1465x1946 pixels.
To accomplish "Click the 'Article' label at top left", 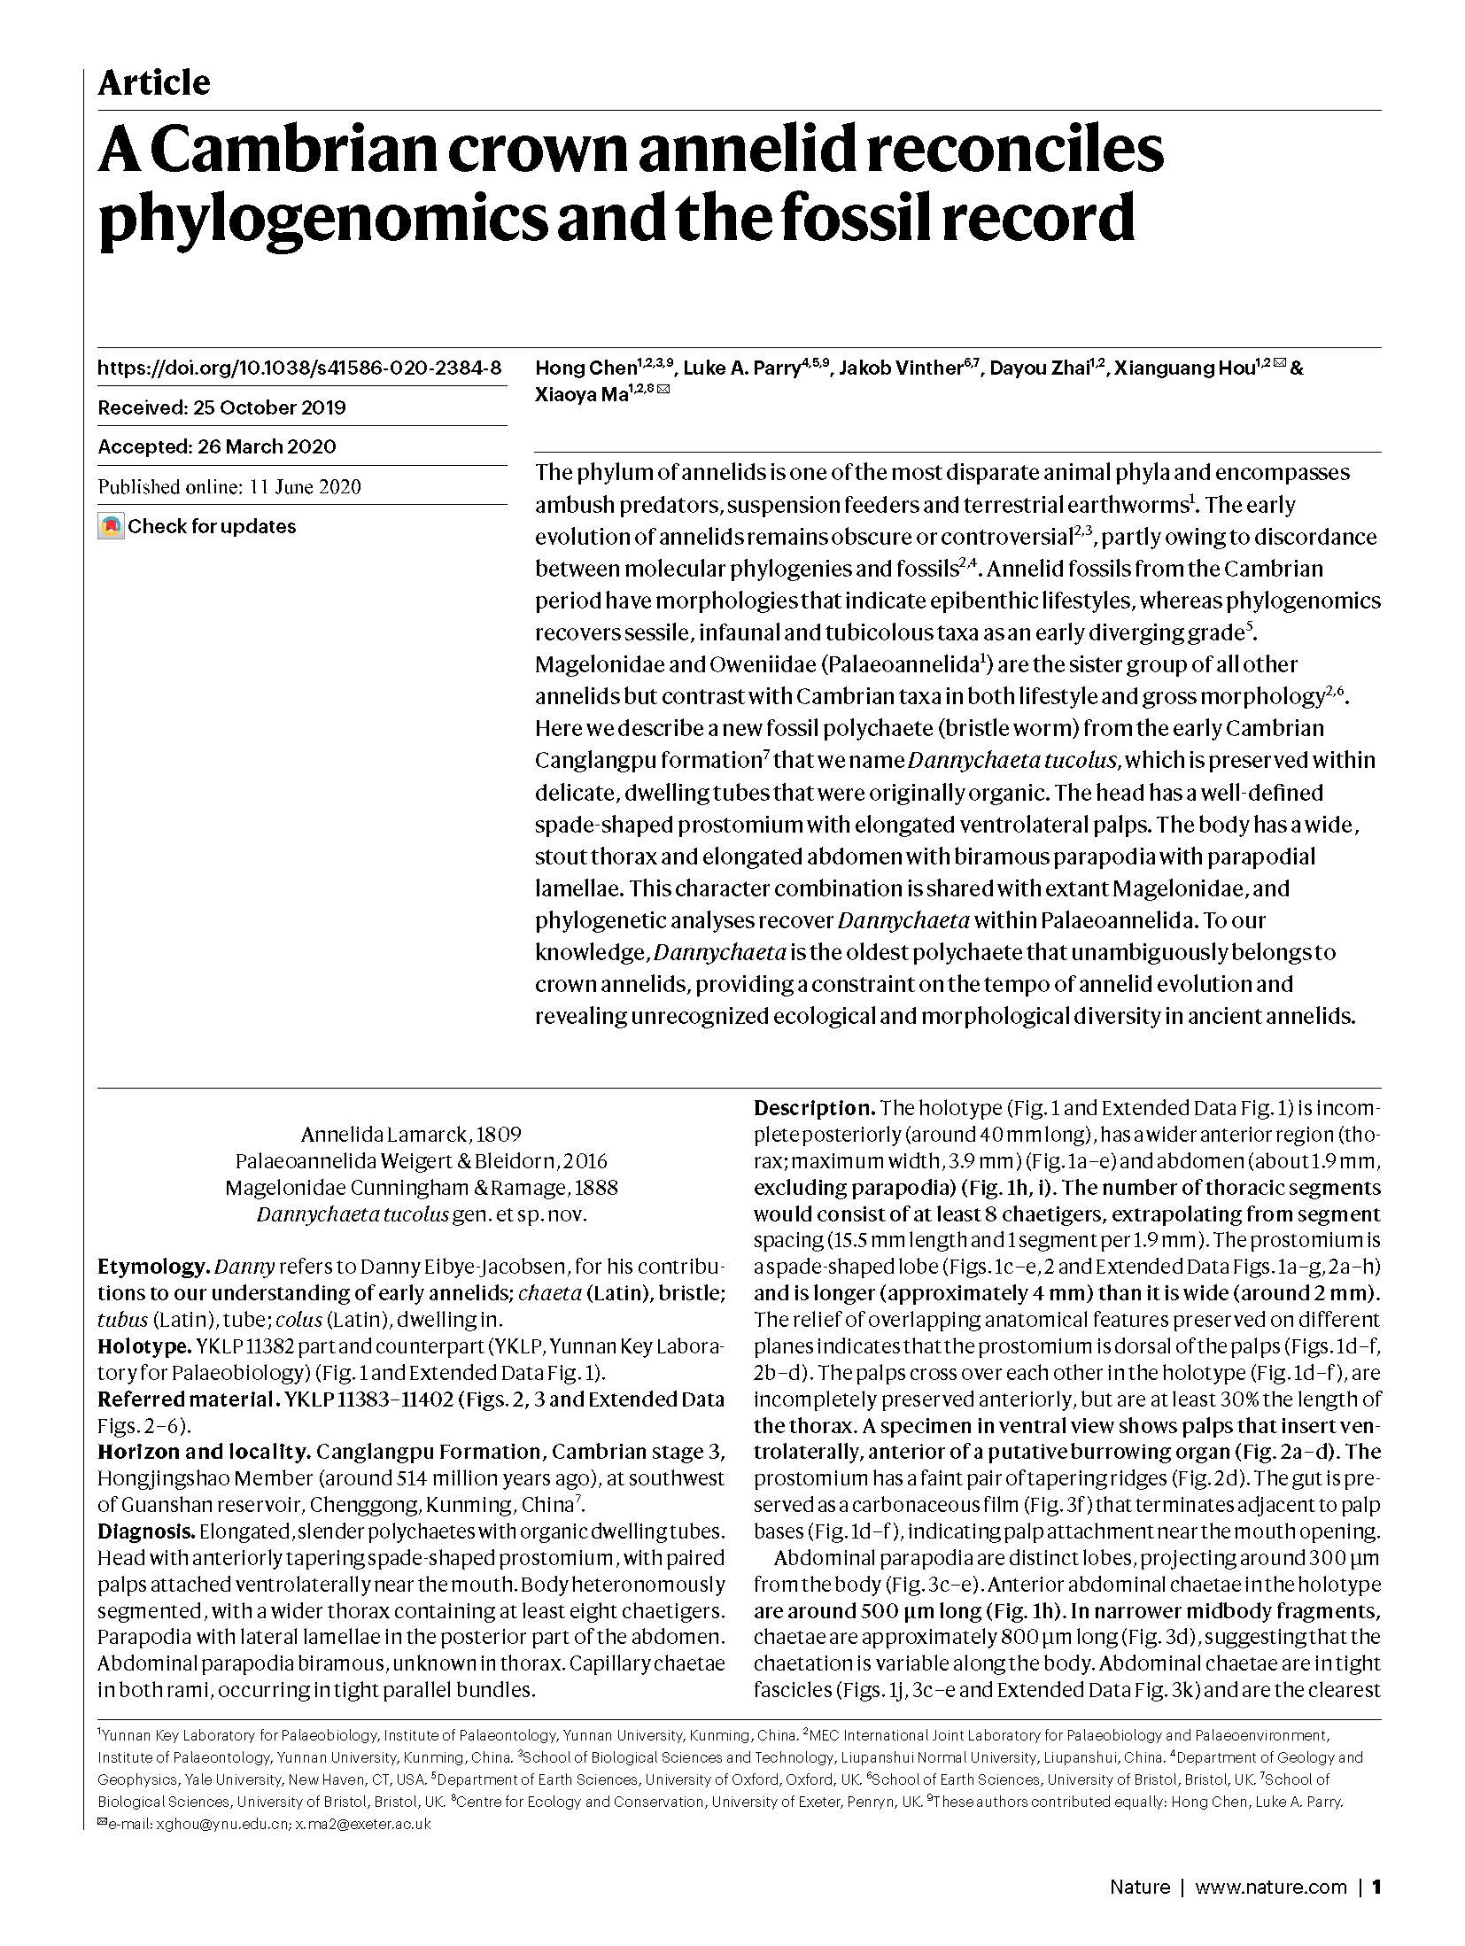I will (x=153, y=83).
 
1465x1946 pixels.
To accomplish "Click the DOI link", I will (x=299, y=368).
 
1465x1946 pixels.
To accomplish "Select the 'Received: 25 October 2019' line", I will (x=221, y=408).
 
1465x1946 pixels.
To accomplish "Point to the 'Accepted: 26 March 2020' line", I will (x=217, y=447).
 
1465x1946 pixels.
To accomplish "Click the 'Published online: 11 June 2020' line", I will (x=229, y=487).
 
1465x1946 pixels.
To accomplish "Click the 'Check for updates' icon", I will (x=111, y=527).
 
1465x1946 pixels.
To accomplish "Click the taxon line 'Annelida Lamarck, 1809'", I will (x=411, y=1135).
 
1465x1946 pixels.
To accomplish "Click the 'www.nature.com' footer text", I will (x=1270, y=1904).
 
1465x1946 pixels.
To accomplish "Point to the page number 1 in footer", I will (x=1376, y=1904).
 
